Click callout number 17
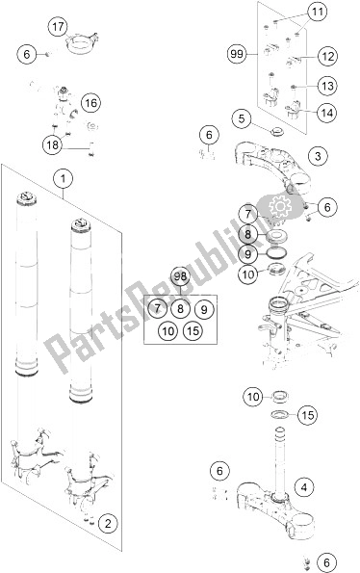click(58, 27)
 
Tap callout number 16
click(90, 103)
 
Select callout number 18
click(52, 145)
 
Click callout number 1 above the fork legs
click(64, 179)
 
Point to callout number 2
click(108, 524)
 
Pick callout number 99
click(237, 55)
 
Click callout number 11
click(318, 13)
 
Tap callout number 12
click(327, 57)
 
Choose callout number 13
click(327, 87)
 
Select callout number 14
click(326, 113)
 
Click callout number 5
click(243, 118)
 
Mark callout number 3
click(318, 156)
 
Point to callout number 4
click(304, 487)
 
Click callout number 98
click(180, 277)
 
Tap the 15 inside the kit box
click(193, 330)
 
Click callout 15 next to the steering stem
click(308, 415)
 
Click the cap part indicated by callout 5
click(277, 131)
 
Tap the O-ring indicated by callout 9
click(277, 252)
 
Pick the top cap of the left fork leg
click(27, 198)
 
